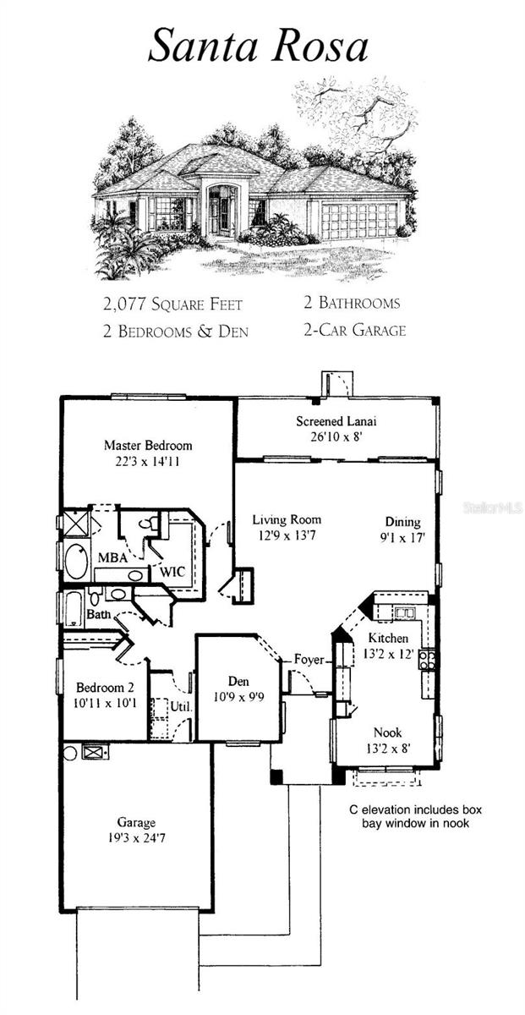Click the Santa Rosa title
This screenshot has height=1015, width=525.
point(258,46)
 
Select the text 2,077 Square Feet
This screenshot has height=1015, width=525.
point(172,304)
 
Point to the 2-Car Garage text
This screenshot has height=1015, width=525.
point(355,330)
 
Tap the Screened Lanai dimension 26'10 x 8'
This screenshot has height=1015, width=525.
point(336,436)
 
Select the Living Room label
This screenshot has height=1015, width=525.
point(287,519)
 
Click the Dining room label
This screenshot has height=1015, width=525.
point(402,522)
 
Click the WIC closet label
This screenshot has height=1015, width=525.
point(172,572)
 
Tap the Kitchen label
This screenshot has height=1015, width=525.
point(388,638)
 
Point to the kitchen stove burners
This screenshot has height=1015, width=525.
point(427,661)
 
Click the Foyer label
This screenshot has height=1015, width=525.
point(309,659)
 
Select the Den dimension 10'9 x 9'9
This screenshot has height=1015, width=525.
point(238,696)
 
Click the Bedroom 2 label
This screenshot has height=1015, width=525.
point(105,688)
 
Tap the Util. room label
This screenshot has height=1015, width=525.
point(182,706)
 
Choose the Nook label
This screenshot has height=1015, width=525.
point(388,732)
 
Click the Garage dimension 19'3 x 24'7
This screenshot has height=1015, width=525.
point(136,838)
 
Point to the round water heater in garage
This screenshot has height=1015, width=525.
point(70,753)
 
